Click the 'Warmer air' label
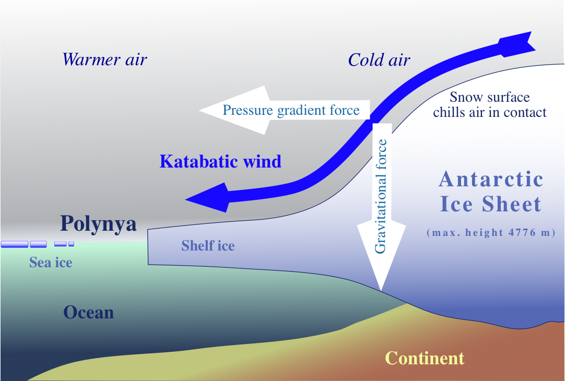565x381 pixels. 104,60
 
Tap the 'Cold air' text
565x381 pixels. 379,60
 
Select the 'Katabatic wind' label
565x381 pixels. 220,161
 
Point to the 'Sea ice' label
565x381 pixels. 51,262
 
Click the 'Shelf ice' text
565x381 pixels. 208,246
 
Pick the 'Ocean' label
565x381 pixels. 89,312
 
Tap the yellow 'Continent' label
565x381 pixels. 425,359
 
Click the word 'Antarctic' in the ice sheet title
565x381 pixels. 491,179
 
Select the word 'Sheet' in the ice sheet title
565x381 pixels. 512,204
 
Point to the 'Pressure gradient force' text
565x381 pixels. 291,110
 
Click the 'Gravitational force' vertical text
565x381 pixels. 381,196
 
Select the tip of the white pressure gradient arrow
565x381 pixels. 199,111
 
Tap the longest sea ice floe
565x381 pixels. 15,244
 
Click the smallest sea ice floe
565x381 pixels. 72,244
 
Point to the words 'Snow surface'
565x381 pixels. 490,97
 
